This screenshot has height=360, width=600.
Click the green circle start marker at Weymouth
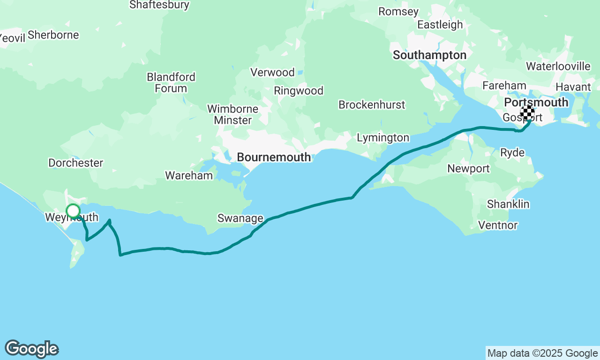coord(73,211)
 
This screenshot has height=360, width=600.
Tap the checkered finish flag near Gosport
coord(527,112)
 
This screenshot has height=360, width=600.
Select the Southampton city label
coord(429,55)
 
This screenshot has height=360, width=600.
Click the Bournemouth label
coord(274,157)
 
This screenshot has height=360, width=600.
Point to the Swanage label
coord(240,218)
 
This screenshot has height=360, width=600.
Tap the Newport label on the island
coord(468,169)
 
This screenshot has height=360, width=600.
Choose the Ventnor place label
coord(498,225)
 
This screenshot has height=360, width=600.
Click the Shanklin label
coord(508,204)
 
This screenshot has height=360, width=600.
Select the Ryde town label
coord(512,153)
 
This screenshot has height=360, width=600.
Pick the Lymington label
coord(383,138)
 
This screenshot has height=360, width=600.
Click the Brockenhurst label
coord(372,105)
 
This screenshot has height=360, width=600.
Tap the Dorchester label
coord(75,163)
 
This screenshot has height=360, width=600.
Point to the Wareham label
coord(189,176)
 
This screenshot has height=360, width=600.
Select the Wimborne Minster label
coord(232,115)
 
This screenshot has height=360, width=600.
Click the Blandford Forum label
coord(171,82)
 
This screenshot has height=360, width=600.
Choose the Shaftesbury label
coord(159,5)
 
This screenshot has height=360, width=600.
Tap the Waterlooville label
coord(558,67)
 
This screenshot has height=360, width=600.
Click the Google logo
coord(31,349)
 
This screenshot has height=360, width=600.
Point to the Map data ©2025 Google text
coord(542,353)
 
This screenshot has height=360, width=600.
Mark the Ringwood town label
coord(299,91)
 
